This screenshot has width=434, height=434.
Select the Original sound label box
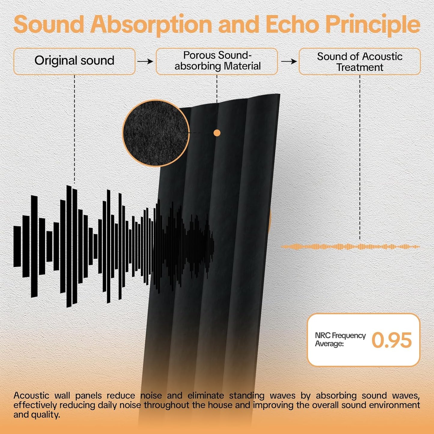tap(74, 61)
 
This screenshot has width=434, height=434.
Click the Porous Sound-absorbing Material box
tap(217, 61)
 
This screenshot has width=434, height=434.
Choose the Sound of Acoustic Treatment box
tap(360, 61)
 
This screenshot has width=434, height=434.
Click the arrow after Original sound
tap(145, 61)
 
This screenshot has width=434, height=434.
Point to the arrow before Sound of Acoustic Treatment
tap(289, 61)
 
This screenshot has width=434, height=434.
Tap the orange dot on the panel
tap(217, 133)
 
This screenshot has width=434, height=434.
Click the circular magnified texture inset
tap(156, 133)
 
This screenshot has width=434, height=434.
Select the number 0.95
tap(391, 340)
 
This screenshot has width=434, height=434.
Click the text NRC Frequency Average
tap(340, 339)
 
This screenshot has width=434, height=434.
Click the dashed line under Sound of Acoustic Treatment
tap(360, 156)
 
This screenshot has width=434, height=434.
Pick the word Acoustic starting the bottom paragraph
tap(31, 395)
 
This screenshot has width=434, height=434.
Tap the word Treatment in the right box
tap(360, 67)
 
